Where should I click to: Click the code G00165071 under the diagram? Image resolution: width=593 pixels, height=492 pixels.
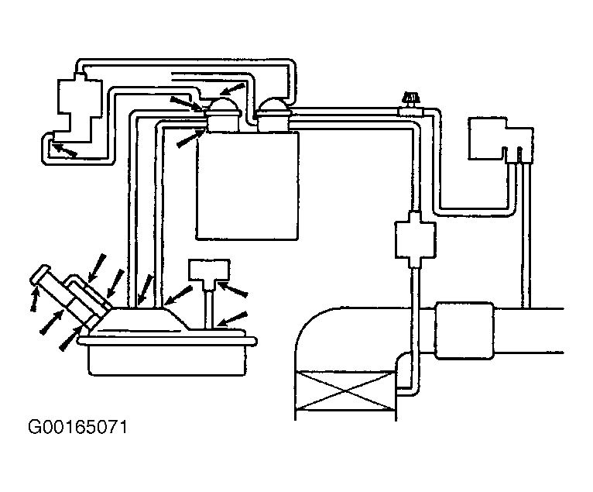click(77, 428)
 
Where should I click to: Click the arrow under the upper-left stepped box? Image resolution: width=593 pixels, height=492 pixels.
click(63, 150)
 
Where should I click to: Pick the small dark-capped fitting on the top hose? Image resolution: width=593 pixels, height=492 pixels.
click(410, 100)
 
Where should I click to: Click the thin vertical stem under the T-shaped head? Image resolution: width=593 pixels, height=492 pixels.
click(210, 305)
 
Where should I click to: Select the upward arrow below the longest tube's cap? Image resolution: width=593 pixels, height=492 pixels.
click(34, 298)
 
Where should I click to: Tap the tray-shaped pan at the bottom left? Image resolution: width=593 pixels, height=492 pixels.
click(171, 356)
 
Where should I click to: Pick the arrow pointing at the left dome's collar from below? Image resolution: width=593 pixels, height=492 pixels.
click(190, 138)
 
